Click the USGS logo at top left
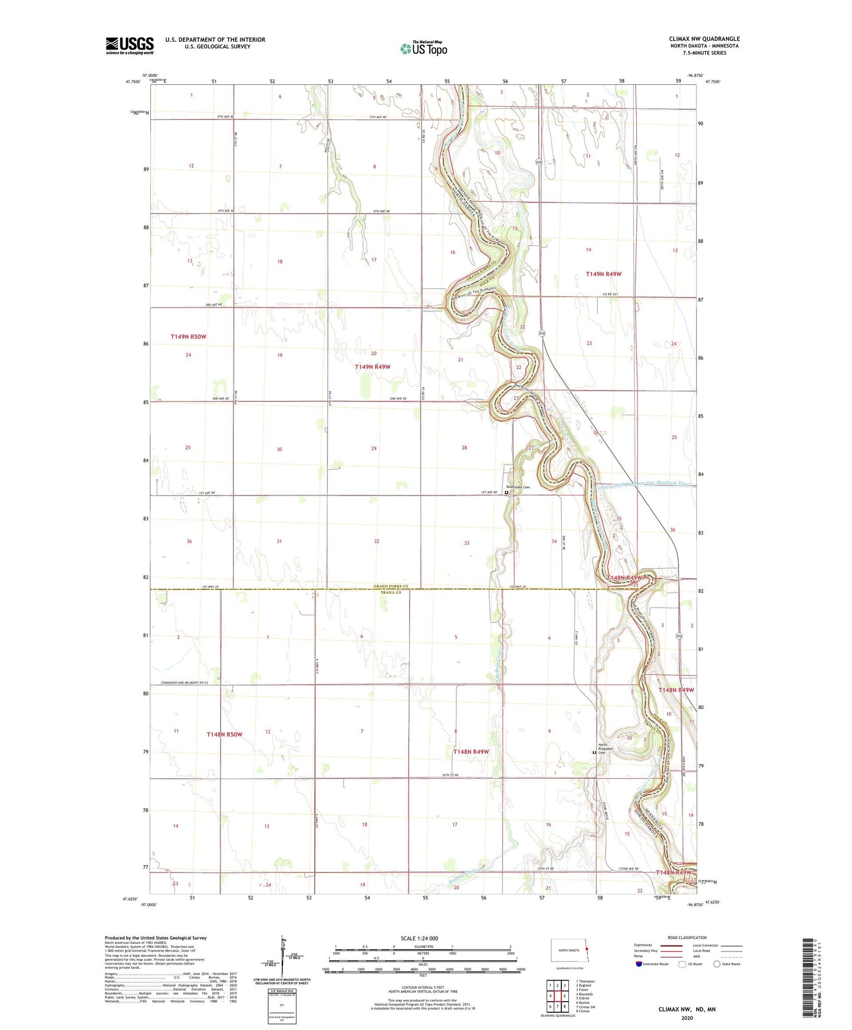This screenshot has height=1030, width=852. (x=130, y=45)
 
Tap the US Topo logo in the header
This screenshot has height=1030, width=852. (x=423, y=48)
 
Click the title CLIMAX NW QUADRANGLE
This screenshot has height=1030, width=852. (x=704, y=39)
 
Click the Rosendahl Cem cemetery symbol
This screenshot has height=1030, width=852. (x=506, y=492)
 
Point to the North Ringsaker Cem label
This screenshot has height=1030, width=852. (x=606, y=749)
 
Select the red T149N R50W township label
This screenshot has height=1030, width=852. (x=188, y=336)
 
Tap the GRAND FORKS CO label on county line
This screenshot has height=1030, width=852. (x=390, y=586)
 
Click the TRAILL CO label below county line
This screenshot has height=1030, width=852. (x=390, y=592)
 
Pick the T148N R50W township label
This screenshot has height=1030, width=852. (x=224, y=734)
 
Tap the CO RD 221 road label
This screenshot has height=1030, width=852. (x=610, y=294)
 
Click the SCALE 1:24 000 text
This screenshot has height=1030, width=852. (x=419, y=939)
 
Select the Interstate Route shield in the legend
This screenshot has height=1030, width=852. (x=640, y=964)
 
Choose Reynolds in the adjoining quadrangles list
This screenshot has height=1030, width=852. (x=585, y=994)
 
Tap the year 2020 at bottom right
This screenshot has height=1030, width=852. (x=686, y=1018)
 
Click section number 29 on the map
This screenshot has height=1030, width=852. (x=374, y=448)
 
